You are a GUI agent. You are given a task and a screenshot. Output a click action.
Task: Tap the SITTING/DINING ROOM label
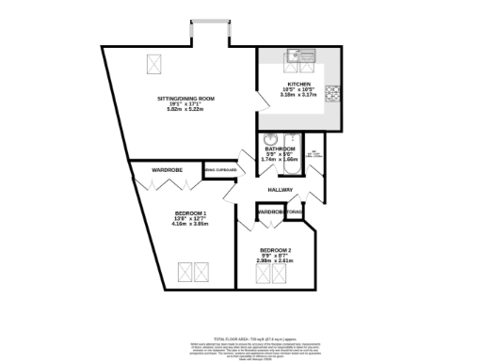coord(185,99)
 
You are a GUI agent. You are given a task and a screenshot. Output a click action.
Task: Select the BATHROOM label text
coord(280,149)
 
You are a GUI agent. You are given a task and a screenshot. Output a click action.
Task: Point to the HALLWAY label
coord(281,190)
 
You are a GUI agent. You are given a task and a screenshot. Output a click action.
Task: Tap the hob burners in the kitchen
coord(331,93)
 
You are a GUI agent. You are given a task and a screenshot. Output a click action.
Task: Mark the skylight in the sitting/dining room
coord(153,64)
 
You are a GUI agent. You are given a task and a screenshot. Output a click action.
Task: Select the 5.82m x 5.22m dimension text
coord(185,109)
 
